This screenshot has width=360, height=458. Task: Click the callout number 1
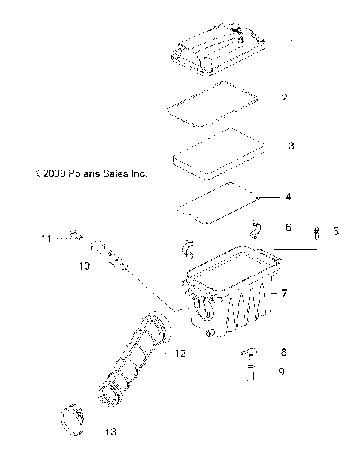tap(291, 43)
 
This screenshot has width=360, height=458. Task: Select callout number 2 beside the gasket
tap(284, 98)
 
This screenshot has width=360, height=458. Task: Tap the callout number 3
tap(291, 146)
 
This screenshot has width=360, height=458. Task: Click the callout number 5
tap(335, 231)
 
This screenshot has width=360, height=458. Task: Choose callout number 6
tap(288, 227)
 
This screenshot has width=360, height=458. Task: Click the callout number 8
tap(283, 351)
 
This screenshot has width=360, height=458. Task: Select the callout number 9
tap(283, 371)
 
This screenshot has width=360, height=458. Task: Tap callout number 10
tap(85, 266)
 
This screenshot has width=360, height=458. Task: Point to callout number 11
tap(46, 239)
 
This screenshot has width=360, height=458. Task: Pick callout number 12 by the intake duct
tap(180, 352)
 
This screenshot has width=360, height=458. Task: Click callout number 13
tap(111, 432)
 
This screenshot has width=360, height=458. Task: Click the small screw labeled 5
tap(317, 234)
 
